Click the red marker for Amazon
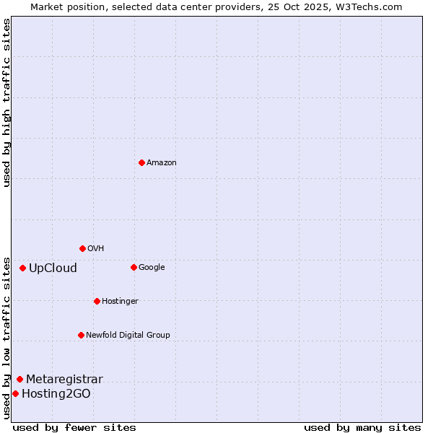click(141, 162)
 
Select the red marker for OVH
click(82, 248)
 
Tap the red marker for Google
click(134, 267)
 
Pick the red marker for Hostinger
click(97, 301)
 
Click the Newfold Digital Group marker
click(81, 335)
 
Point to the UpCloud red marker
click(22, 268)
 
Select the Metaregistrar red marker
click(19, 379)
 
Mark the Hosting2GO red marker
click(15, 393)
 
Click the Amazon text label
click(162, 163)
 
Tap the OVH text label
click(96, 249)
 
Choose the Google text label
click(152, 268)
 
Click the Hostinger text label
click(120, 302)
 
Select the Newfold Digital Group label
click(128, 336)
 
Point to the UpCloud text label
click(53, 268)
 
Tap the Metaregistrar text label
click(64, 380)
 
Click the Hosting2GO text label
click(56, 394)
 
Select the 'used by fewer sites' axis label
click(74, 427)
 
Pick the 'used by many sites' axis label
click(362, 427)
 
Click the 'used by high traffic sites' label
click(7, 102)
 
